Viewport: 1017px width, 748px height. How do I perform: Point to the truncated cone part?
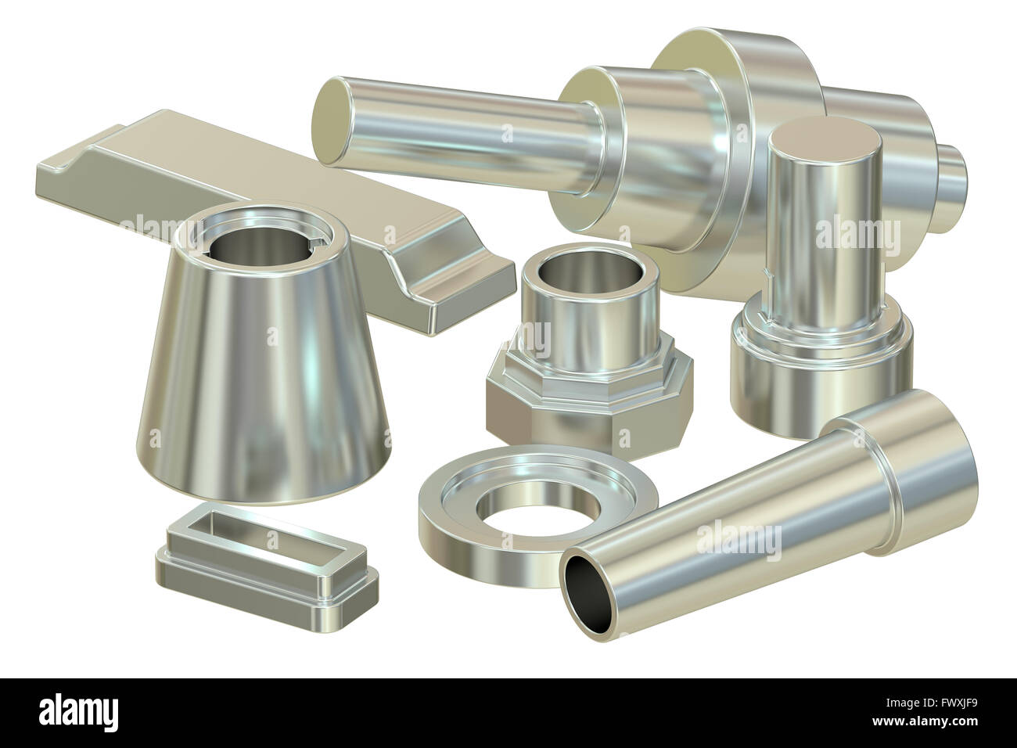tap(258, 391)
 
